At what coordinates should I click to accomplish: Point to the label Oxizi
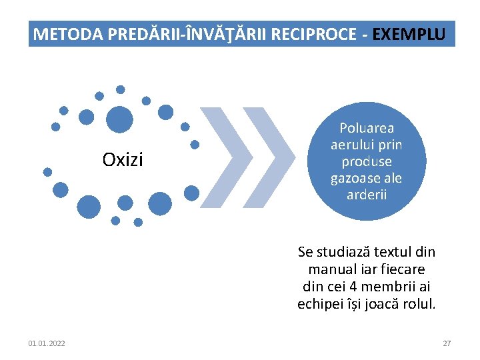pos(123,160)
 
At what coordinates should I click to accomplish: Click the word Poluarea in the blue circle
pos(367,127)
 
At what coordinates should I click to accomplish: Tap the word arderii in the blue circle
pos(367,195)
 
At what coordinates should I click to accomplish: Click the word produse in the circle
pos(367,161)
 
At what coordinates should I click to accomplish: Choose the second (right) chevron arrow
pos(270,157)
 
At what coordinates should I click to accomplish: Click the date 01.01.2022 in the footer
pos(47,343)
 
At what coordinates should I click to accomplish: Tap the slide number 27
pos(447,343)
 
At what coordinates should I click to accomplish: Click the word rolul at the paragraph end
pos(419,304)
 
